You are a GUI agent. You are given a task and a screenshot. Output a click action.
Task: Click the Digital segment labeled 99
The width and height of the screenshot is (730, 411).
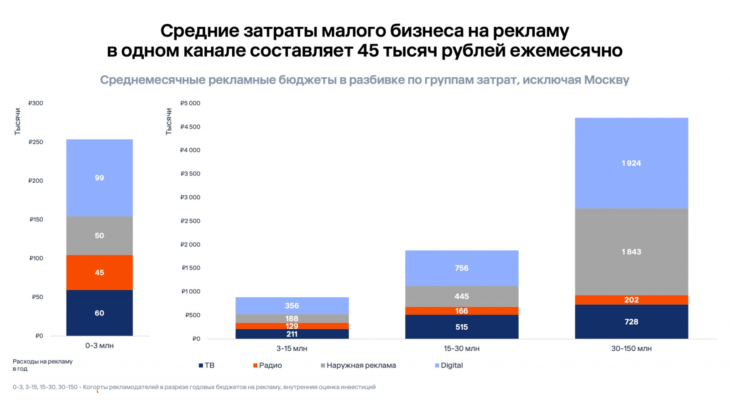click(x=99, y=178)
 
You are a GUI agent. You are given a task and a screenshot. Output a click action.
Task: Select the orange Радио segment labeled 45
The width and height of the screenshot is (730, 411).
click(x=99, y=272)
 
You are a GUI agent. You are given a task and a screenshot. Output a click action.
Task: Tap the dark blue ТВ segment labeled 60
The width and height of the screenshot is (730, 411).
click(x=99, y=313)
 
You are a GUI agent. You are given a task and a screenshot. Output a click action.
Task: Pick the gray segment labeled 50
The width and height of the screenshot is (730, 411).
click(x=99, y=236)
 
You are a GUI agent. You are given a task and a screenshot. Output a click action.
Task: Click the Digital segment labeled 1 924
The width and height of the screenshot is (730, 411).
click(x=631, y=163)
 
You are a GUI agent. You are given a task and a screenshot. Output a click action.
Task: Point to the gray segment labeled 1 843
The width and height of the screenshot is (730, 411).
click(x=631, y=252)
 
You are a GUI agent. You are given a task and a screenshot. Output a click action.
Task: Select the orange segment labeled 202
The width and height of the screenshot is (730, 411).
click(x=631, y=300)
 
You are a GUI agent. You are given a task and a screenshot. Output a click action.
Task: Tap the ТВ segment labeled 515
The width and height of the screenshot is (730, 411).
click(x=461, y=327)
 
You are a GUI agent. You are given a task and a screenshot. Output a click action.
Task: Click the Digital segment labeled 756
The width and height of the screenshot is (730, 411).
click(x=461, y=268)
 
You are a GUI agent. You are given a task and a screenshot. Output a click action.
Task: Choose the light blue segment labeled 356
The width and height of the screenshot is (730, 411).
click(x=292, y=306)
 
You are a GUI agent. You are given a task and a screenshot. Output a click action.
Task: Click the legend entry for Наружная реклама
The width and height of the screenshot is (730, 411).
click(x=358, y=365)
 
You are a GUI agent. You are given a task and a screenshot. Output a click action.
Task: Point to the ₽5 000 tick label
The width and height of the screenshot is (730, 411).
click(x=190, y=103)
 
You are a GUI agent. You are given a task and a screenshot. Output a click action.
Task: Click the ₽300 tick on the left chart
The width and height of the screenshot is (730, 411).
click(x=36, y=103)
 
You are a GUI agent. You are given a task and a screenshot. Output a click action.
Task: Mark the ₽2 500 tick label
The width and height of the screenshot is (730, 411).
click(x=190, y=221)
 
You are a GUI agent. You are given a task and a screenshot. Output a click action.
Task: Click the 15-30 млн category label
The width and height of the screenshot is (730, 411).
click(x=461, y=348)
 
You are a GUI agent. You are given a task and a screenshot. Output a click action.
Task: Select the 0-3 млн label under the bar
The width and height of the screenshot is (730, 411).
click(x=99, y=346)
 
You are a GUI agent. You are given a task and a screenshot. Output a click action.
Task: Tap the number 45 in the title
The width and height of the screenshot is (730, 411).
click(x=368, y=50)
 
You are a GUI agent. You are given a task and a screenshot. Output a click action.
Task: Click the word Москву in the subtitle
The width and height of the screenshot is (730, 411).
click(x=606, y=80)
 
